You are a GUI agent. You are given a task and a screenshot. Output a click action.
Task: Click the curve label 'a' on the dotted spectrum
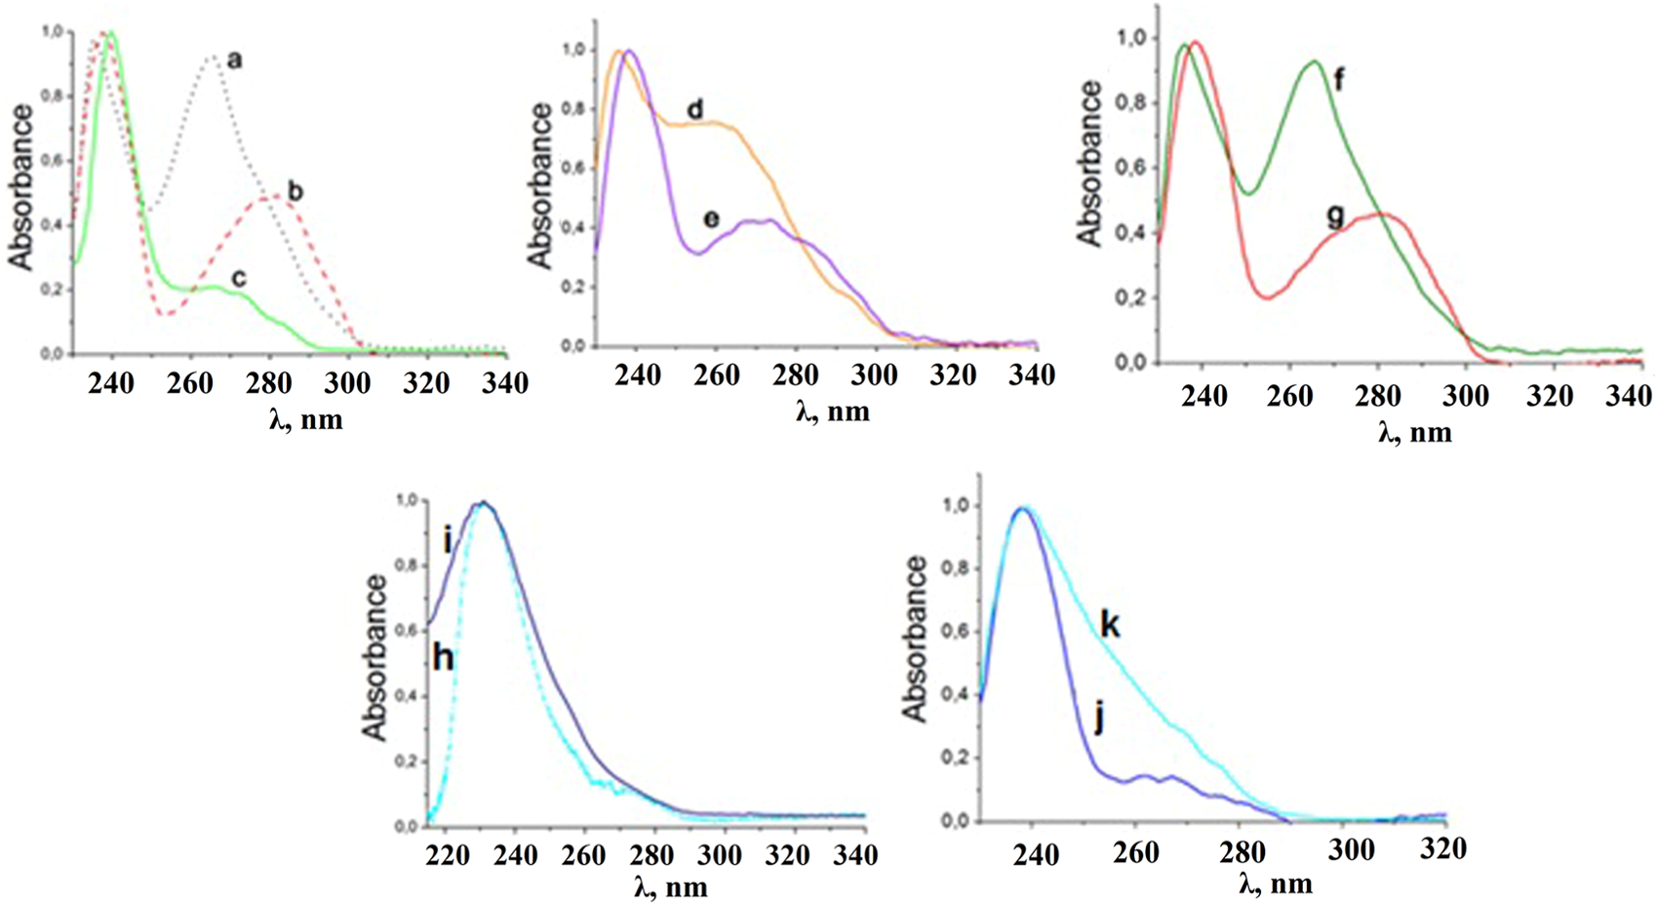coord(234,61)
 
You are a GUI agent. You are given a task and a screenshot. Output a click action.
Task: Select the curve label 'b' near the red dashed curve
coord(295,190)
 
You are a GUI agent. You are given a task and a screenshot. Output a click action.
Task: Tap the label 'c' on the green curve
coord(238,279)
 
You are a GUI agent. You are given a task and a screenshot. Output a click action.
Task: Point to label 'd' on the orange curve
coord(694,109)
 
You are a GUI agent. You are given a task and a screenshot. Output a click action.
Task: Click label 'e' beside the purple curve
coord(711,219)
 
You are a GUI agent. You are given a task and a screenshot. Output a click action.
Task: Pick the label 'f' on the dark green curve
coord(1339,80)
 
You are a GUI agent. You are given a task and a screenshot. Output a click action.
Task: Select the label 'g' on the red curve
coord(1335,217)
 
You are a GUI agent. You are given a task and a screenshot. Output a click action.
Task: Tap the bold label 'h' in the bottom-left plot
coord(443,659)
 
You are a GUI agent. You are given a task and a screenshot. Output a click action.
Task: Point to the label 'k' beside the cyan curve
coord(1110,625)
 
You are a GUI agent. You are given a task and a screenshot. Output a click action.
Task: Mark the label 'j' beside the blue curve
coord(1099,722)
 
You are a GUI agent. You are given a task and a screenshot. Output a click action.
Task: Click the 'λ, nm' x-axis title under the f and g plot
coord(1414,431)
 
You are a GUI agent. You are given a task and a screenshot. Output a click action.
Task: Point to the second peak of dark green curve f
coord(1314,62)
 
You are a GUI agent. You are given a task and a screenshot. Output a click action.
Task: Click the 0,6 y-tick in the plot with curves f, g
coord(1137,168)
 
